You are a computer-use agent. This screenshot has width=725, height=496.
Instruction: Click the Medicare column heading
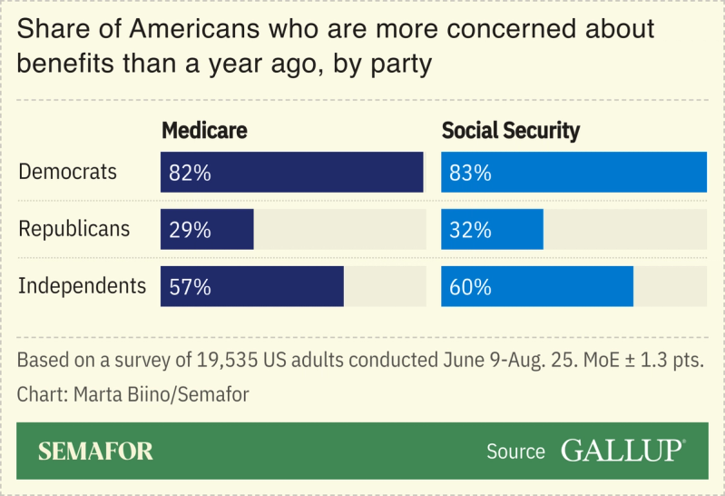(204, 131)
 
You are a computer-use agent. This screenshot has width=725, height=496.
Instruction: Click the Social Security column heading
(510, 131)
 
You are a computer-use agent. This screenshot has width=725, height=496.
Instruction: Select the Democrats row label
(68, 172)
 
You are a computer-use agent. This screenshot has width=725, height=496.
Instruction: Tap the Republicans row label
(74, 229)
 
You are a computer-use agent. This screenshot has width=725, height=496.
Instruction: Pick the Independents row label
(83, 286)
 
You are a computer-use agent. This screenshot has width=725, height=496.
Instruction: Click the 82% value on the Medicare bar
(190, 173)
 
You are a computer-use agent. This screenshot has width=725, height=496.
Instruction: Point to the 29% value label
(190, 230)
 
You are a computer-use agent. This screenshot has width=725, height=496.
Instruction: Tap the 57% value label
(190, 287)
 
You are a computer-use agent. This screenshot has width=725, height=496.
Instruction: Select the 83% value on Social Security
(470, 173)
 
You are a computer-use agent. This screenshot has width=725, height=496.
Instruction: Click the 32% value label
(470, 230)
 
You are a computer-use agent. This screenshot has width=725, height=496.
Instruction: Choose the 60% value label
(470, 287)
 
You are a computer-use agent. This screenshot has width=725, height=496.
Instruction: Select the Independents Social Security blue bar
(563, 287)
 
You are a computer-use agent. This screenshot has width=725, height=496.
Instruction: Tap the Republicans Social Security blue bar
(517, 230)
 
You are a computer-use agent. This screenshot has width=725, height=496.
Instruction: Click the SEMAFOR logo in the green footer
(95, 451)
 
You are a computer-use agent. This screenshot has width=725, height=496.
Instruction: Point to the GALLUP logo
(622, 451)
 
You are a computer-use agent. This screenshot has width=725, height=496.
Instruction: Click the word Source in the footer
(515, 451)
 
